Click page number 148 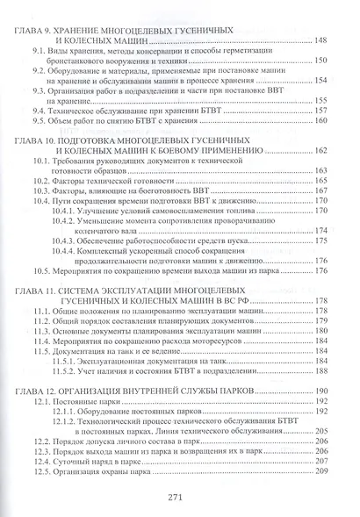tap(335, 40)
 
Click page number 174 tap(335, 230)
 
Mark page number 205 tap(335, 432)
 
